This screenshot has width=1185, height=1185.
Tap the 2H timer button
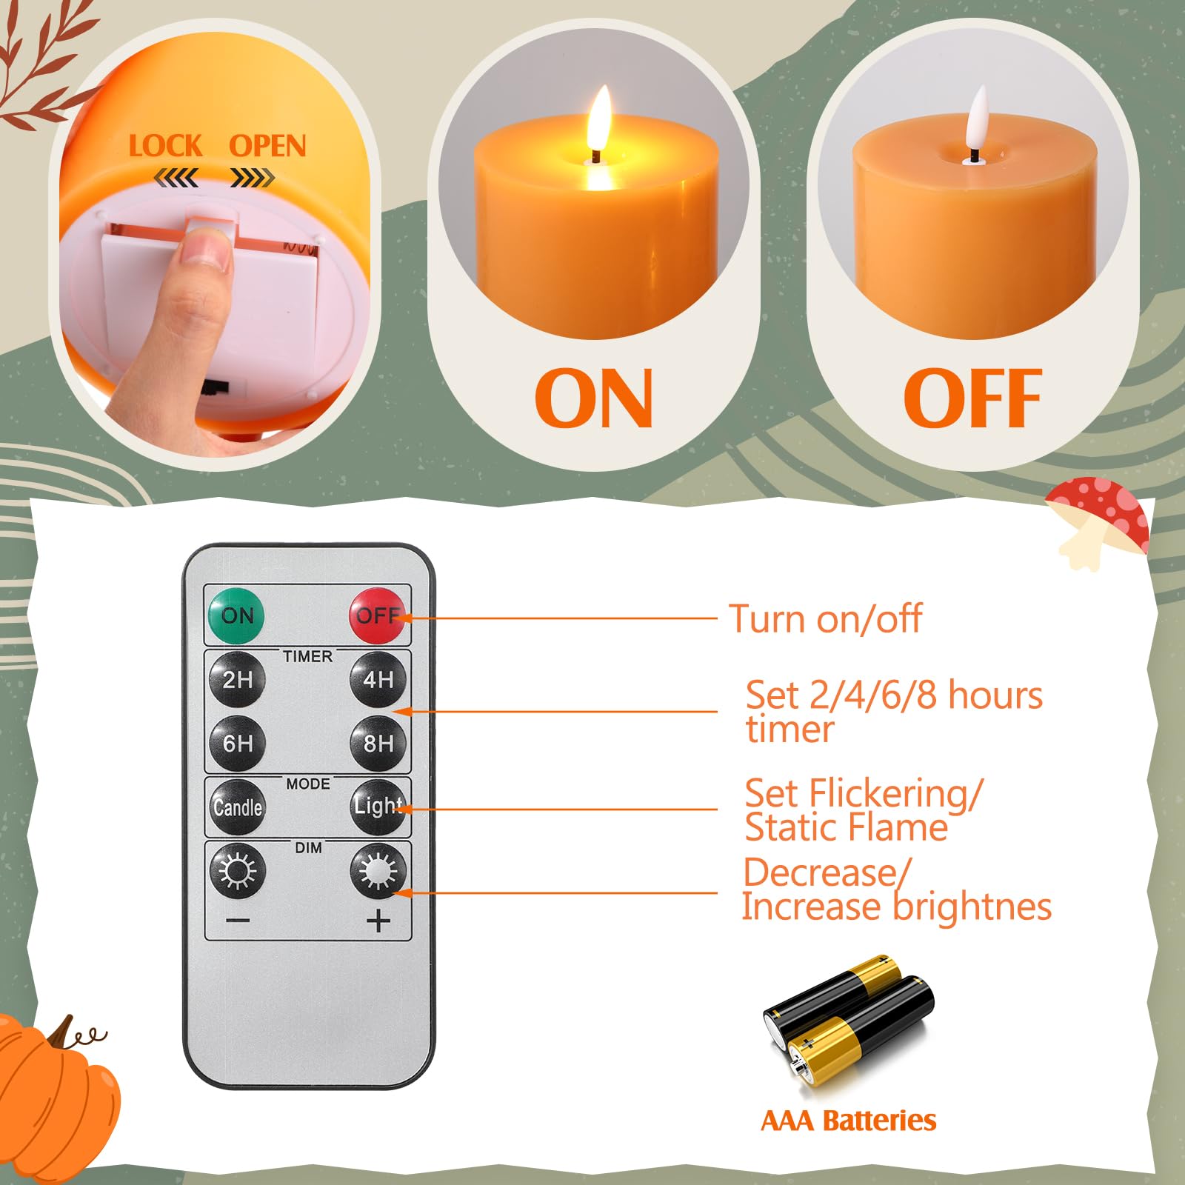pos(237,679)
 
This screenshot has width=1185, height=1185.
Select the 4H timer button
pos(378,679)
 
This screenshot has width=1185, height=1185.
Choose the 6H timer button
pos(237,744)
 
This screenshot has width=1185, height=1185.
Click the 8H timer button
pos(378,744)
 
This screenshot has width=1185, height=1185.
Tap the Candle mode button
pos(237,807)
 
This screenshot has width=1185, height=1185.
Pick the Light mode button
pos(378,807)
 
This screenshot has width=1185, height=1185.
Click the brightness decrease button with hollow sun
pos(237,870)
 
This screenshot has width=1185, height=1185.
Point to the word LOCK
pos(165,146)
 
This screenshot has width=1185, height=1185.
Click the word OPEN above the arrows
pos(267,146)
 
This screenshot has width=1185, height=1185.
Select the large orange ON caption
pos(594,398)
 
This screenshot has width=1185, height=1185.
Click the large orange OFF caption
pos(972,398)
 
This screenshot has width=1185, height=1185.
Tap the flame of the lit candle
pos(598,118)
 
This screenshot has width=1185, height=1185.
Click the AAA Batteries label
pos(849,1121)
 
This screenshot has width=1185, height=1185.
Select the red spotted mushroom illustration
pos(1098,522)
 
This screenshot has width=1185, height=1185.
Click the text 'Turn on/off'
pos(826,618)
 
